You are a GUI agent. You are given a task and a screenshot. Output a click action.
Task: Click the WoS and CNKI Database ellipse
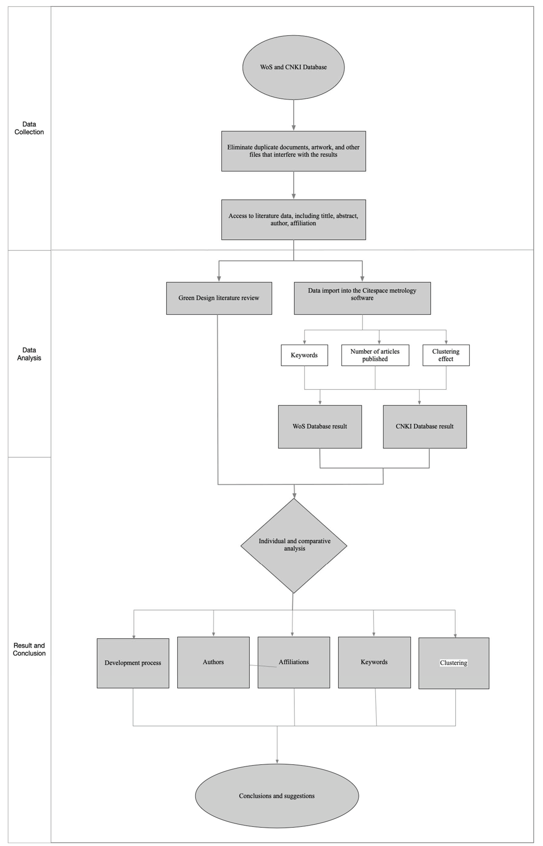[293, 67]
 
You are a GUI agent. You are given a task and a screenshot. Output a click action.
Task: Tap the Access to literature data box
[293, 220]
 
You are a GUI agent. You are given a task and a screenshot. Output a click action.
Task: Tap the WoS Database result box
[320, 426]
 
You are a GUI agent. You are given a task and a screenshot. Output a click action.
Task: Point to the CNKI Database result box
[425, 426]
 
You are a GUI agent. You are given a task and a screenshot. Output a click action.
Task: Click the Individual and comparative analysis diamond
[294, 545]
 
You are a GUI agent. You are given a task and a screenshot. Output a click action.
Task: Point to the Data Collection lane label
[29, 128]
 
